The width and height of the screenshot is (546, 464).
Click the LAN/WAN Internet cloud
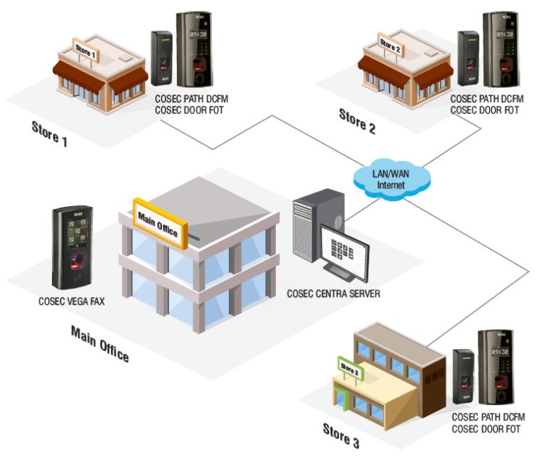click(390, 179)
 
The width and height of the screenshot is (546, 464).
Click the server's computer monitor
click(344, 249)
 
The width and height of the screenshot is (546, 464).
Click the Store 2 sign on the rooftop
click(391, 45)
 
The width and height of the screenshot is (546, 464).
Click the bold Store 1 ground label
click(49, 133)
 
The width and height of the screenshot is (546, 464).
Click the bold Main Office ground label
click(100, 343)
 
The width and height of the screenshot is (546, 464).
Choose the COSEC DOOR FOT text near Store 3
click(486, 429)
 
